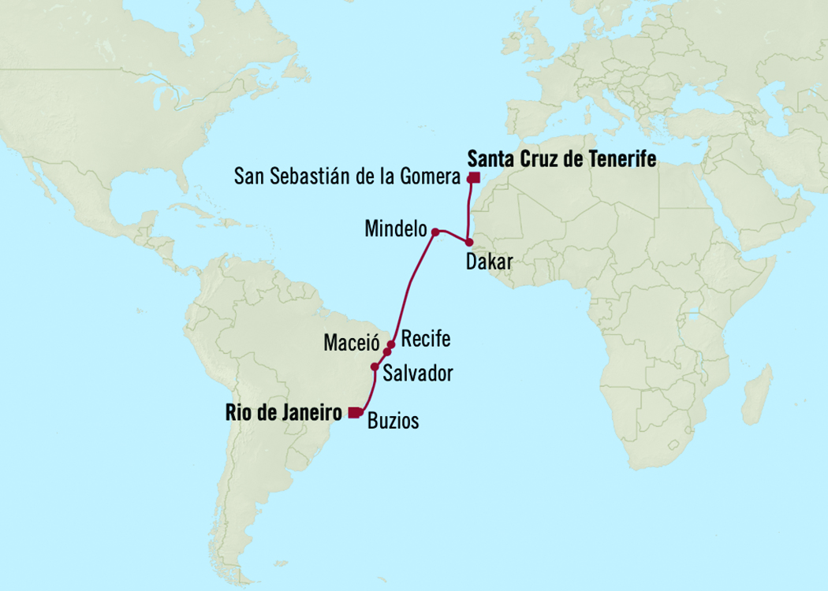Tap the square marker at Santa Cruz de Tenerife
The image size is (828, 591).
click(x=474, y=177)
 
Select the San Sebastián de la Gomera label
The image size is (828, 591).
click(x=347, y=177)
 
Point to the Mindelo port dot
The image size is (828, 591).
click(x=435, y=232)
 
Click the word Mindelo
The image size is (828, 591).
click(x=394, y=230)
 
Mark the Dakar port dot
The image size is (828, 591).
click(x=468, y=243)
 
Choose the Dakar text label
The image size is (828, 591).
click(x=489, y=262)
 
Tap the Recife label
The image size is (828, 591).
click(x=425, y=340)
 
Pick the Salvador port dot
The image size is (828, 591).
click(x=375, y=366)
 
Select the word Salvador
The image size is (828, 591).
click(x=417, y=374)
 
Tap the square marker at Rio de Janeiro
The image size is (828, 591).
click(x=353, y=411)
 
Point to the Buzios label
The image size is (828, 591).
click(x=393, y=422)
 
